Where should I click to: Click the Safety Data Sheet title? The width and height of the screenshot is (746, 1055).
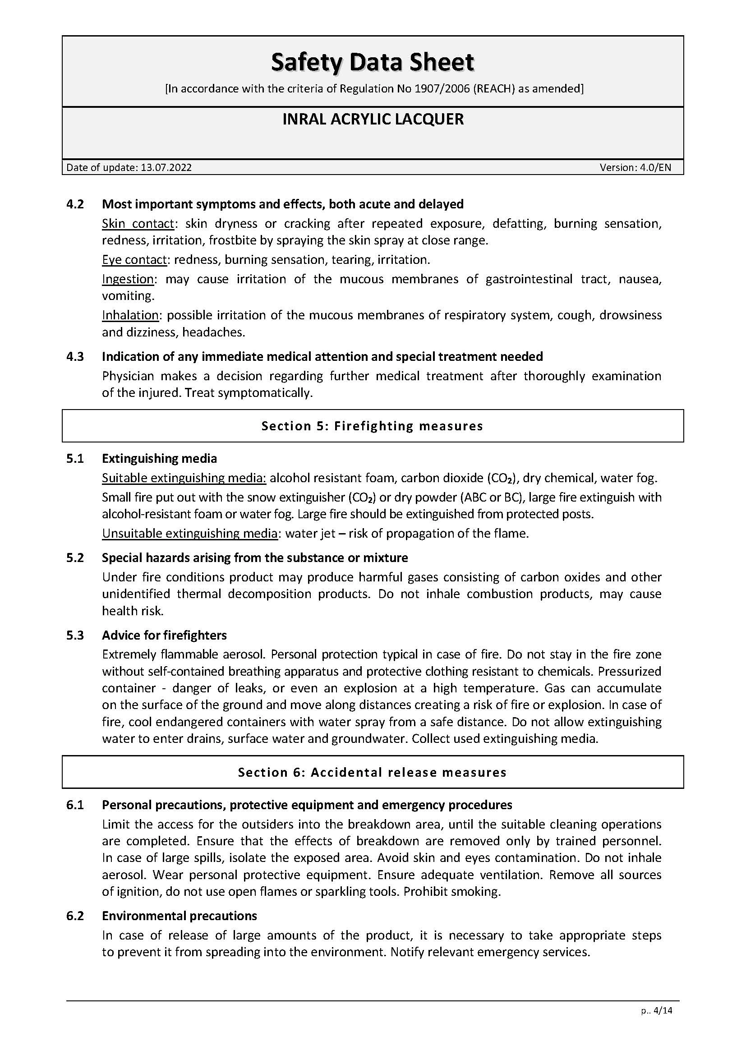pyautogui.click(x=372, y=63)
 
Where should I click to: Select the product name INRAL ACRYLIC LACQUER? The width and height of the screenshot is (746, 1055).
pyautogui.click(x=373, y=120)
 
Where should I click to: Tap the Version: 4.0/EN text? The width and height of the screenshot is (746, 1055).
pyautogui.click(x=635, y=168)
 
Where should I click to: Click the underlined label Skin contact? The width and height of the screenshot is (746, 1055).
pyautogui.click(x=138, y=224)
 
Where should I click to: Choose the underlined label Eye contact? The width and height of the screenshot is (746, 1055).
pyautogui.click(x=134, y=260)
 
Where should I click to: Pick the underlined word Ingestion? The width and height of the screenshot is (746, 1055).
pyautogui.click(x=128, y=279)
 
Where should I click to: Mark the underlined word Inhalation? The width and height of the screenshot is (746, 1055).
pyautogui.click(x=130, y=315)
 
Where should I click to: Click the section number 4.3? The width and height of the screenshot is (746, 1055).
pyautogui.click(x=75, y=357)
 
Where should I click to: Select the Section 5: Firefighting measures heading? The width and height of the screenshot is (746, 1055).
pyautogui.click(x=372, y=426)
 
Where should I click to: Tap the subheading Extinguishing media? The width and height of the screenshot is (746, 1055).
pyautogui.click(x=159, y=459)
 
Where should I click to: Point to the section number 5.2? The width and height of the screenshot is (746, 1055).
pyautogui.click(x=75, y=558)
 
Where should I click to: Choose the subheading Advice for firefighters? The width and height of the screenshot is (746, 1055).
pyautogui.click(x=164, y=636)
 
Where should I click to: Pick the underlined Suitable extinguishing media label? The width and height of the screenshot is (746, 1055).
pyautogui.click(x=184, y=478)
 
